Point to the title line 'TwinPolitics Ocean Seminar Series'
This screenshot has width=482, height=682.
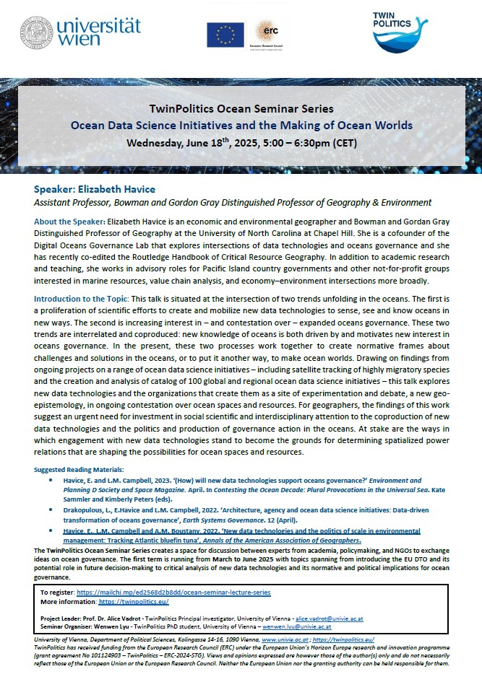(241, 109)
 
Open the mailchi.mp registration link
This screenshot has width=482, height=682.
(173, 592)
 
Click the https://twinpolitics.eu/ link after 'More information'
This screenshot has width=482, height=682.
(134, 601)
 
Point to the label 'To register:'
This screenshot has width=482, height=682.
(56, 592)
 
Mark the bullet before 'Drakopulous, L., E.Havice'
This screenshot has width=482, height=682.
(50, 508)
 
